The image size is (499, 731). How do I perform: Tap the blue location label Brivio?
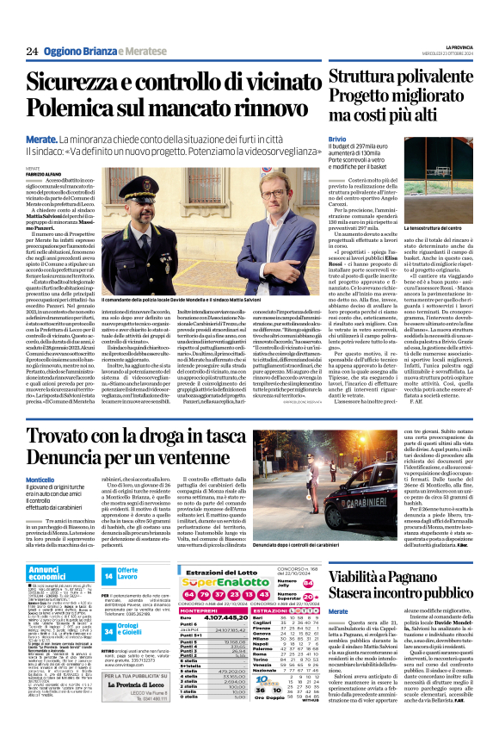pos(336,138)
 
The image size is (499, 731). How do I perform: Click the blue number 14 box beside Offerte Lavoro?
pos(108,575)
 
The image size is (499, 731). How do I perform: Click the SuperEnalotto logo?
pos(208,583)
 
